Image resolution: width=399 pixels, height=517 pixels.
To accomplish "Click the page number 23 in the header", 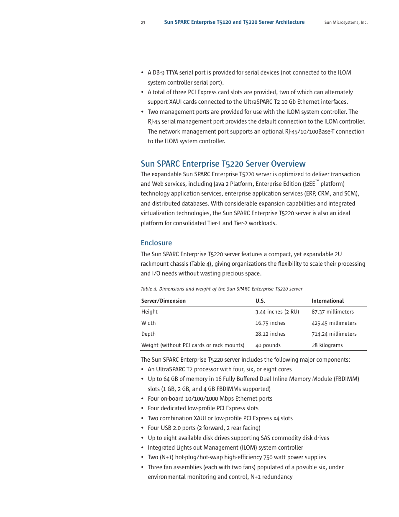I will point(143,23).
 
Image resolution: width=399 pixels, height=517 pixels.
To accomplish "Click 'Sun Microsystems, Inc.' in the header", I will point(346,23).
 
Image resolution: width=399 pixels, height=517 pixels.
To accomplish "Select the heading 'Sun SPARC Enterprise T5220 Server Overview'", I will point(223,164).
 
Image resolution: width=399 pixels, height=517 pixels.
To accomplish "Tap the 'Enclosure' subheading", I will point(156,243).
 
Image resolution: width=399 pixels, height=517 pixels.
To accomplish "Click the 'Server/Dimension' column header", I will point(163,301).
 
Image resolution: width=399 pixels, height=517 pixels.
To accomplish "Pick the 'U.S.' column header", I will point(260,301).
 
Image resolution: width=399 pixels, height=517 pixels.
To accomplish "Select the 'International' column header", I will point(327,301).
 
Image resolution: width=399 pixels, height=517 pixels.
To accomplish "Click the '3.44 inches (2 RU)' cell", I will point(277,312).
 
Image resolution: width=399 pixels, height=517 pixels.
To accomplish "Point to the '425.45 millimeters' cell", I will point(334,323).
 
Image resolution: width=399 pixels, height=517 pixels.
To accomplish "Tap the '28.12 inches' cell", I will point(270,334).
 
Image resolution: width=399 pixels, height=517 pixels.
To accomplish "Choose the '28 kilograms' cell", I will point(327,345).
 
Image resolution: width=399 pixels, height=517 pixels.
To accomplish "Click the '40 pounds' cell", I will point(268,345).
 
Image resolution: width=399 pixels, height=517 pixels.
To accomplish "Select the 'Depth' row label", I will point(148,334).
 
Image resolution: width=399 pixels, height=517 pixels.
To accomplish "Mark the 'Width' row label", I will point(148,323).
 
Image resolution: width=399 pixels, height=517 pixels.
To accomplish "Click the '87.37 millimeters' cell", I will point(332,312).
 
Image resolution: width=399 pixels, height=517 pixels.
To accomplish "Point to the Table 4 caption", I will point(221,289).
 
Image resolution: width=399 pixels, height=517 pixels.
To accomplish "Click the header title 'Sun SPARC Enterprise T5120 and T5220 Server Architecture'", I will point(234,22).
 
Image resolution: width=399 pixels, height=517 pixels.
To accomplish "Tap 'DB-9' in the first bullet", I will point(158,72).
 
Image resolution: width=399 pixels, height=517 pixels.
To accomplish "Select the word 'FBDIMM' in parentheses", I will point(346,379).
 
